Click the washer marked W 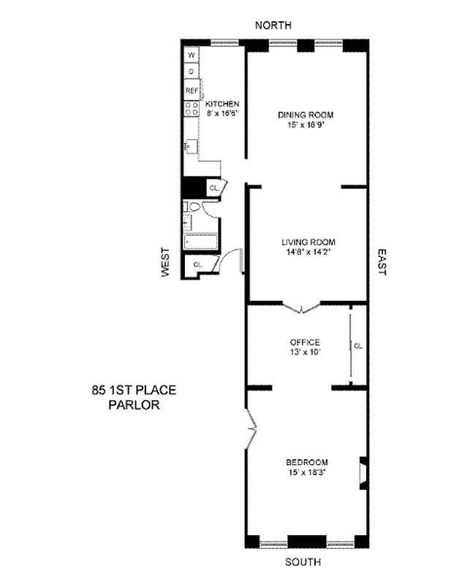(x=192, y=55)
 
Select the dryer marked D (x=192, y=72)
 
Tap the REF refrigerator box (x=192, y=91)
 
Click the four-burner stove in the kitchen (x=192, y=109)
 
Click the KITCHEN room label (x=222, y=104)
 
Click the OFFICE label (x=306, y=342)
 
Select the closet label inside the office (x=357, y=345)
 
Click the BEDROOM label (x=306, y=462)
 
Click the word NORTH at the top (x=273, y=26)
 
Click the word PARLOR (x=129, y=406)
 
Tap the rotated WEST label (x=166, y=261)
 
